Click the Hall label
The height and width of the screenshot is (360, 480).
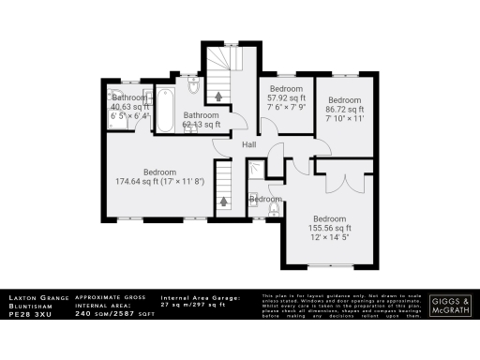coord(249,145)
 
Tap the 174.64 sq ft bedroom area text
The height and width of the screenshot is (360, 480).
coord(142,181)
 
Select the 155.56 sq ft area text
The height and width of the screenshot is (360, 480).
coord(330,227)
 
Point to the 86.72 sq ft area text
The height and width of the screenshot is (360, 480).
coord(344,110)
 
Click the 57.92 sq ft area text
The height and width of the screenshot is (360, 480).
coord(288,97)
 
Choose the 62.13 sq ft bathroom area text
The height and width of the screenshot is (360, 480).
coord(202,124)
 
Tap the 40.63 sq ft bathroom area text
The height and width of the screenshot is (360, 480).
coord(130,108)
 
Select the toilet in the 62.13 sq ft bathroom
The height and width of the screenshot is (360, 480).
coord(192,89)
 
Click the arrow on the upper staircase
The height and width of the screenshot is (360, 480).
coord(220,95)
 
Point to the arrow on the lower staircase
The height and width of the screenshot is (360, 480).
coord(223,200)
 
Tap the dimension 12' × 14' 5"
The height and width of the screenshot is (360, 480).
coord(330,237)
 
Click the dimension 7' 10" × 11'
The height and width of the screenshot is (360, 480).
coord(344,120)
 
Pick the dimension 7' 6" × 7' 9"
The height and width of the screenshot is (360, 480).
coord(288,108)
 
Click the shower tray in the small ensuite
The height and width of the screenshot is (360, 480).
coord(256,172)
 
